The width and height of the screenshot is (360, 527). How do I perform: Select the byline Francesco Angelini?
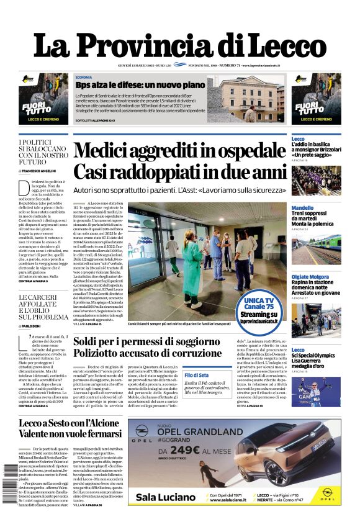[41, 170]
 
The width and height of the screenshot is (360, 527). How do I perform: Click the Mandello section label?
[302, 208]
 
